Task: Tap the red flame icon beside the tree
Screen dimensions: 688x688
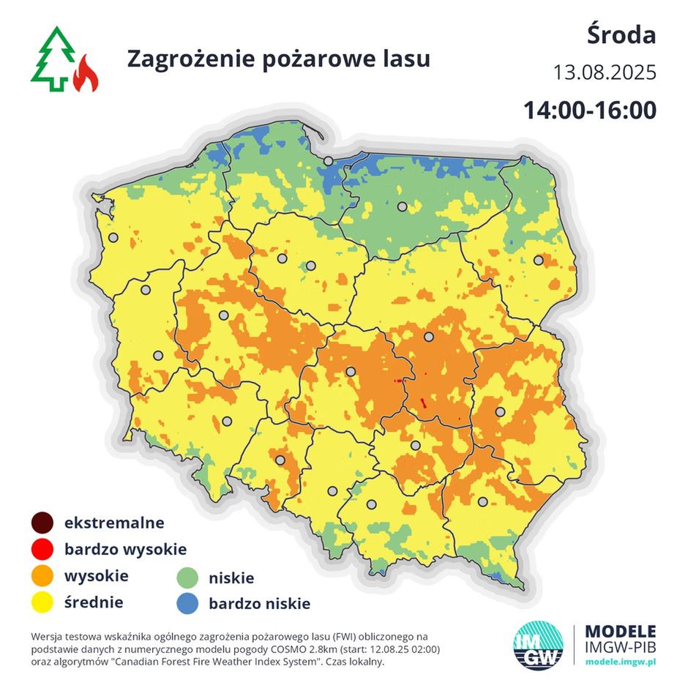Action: click(86, 73)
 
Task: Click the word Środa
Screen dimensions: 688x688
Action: click(621, 34)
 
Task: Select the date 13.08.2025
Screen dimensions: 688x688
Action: click(605, 73)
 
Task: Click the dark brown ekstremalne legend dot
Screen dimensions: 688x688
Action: click(42, 523)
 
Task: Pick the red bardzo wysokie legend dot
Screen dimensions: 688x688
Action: click(42, 550)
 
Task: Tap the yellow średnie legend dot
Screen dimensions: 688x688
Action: click(42, 603)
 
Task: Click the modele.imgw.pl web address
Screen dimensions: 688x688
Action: click(621, 661)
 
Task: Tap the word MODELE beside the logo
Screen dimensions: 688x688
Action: click(621, 631)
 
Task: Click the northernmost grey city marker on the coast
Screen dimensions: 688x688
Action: click(329, 160)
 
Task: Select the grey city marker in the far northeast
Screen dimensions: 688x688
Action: click(539, 260)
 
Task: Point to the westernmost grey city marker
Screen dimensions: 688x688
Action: click(113, 237)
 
